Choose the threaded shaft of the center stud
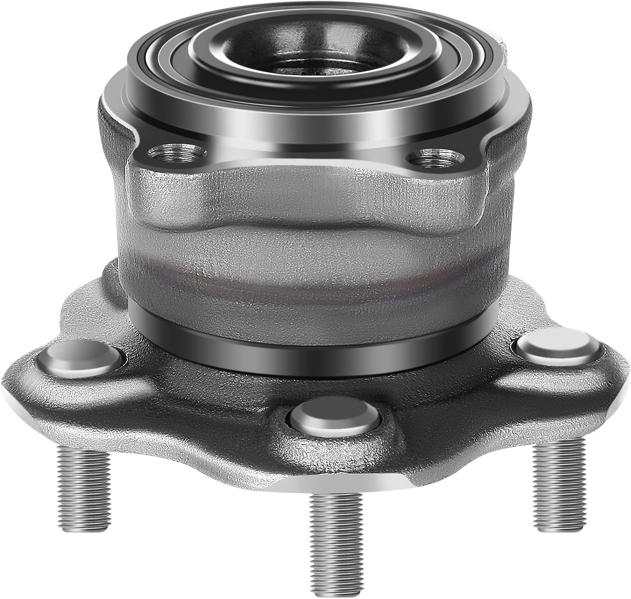[x=336, y=538]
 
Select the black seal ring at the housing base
[x=311, y=349]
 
